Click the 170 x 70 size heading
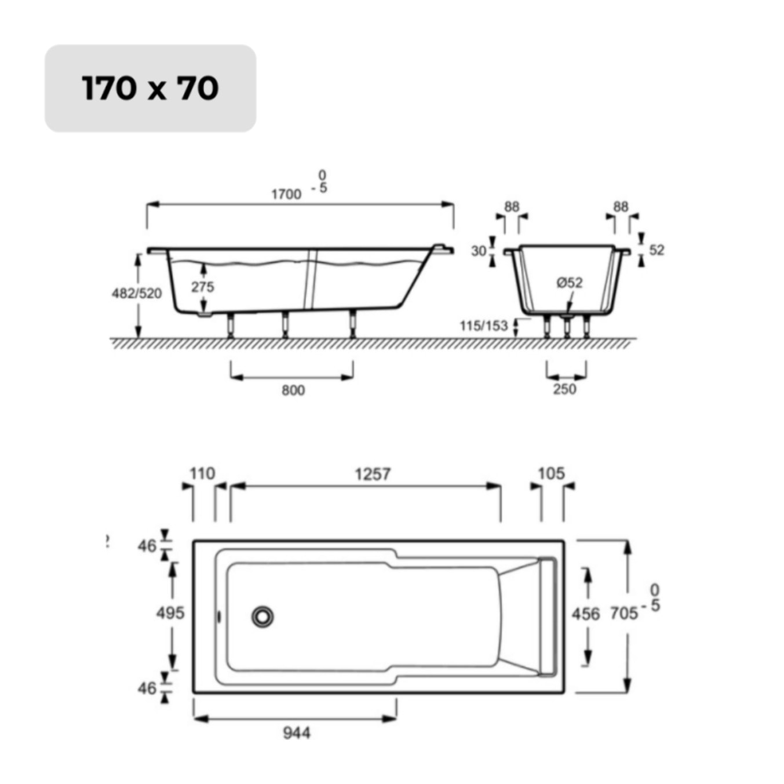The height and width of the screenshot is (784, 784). (150, 88)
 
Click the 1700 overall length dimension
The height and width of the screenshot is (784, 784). (286, 194)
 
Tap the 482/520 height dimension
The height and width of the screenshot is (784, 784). (137, 293)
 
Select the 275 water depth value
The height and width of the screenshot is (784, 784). (203, 286)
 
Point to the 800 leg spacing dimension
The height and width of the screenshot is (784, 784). (293, 390)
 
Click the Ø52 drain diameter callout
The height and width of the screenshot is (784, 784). (569, 282)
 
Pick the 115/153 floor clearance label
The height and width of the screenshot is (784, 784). (483, 326)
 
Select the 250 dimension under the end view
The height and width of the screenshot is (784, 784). (564, 389)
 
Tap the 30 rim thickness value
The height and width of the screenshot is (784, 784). (479, 251)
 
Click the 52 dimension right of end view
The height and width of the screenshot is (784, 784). (657, 250)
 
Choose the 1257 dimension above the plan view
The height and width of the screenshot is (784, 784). (373, 474)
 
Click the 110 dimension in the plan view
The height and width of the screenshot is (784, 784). (202, 473)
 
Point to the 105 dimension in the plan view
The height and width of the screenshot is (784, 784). (550, 473)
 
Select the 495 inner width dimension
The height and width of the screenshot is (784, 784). (170, 612)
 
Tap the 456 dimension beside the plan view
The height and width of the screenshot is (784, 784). (585, 614)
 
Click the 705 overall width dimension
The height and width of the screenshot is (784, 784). (623, 613)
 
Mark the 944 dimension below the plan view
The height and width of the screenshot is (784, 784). (296, 733)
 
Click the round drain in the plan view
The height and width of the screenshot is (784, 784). (262, 617)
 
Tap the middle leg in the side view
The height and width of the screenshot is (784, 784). (285, 325)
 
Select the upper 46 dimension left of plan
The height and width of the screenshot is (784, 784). (147, 545)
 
